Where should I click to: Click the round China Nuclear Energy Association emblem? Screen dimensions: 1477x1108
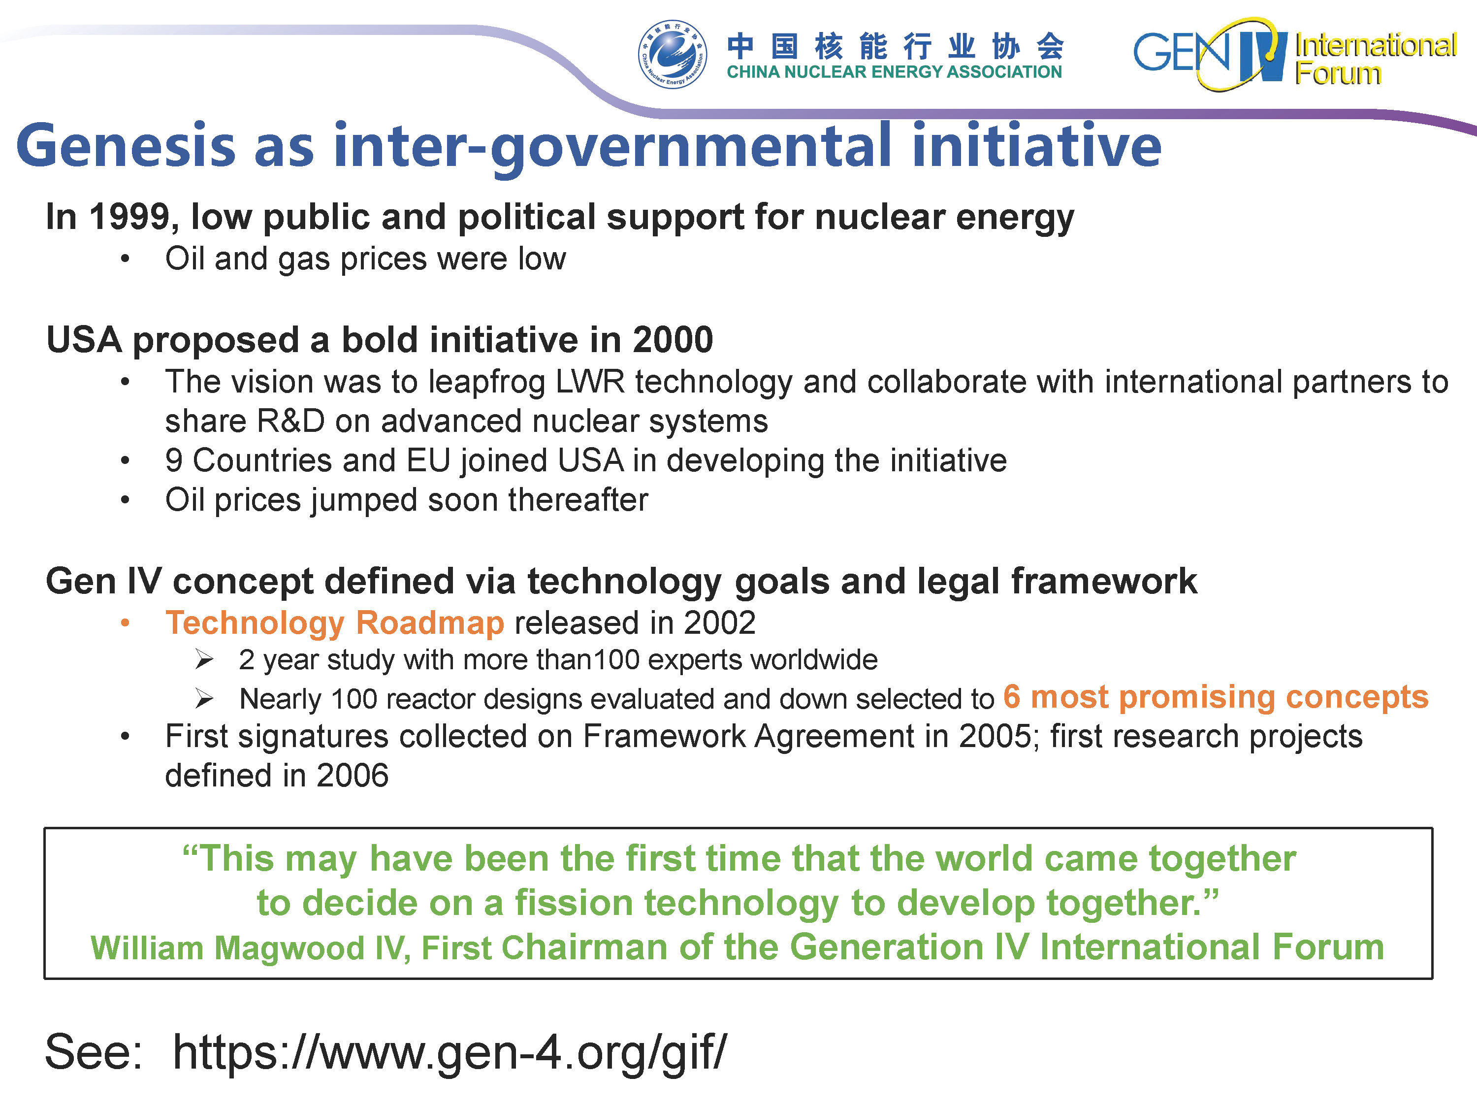point(673,54)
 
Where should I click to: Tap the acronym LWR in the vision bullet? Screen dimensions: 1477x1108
point(590,382)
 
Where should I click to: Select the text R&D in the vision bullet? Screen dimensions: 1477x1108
point(291,422)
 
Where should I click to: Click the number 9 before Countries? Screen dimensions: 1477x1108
point(174,461)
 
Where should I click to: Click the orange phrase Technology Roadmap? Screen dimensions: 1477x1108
point(335,622)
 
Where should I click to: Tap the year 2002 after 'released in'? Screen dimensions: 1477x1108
point(720,623)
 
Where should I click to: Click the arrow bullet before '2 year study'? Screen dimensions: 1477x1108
point(204,660)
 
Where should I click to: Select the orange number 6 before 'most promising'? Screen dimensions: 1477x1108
point(1012,697)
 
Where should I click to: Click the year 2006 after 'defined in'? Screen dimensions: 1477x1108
point(352,776)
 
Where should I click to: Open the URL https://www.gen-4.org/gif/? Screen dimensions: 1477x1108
point(450,1052)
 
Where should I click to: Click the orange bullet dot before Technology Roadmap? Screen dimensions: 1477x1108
point(125,623)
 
